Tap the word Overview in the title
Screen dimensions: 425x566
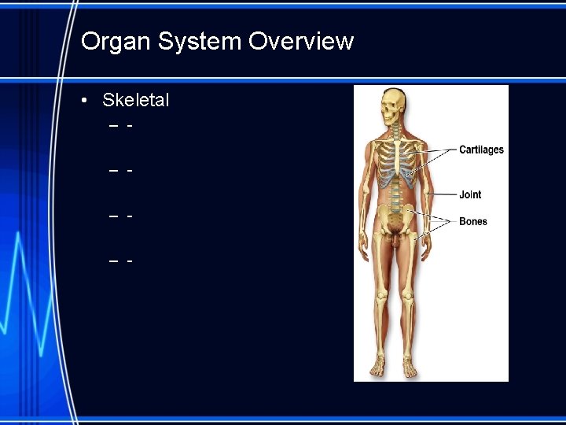pos(301,41)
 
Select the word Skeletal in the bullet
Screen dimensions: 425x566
pos(136,101)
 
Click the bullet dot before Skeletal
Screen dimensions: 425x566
pos(84,101)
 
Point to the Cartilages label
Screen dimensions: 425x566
pos(481,150)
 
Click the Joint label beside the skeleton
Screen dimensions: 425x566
pos(470,194)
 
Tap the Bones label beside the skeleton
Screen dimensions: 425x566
pos(472,222)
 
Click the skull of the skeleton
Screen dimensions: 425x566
pos(391,105)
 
